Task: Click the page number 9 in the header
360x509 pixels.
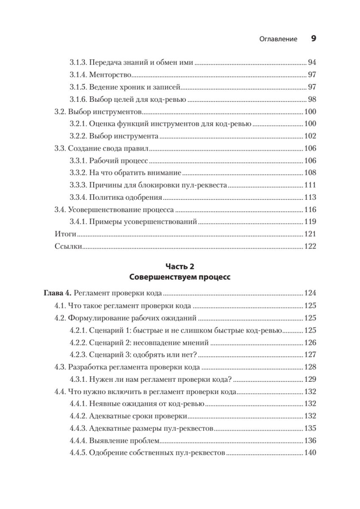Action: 313,39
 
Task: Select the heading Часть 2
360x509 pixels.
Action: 179,266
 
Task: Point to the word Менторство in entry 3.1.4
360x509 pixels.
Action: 110,75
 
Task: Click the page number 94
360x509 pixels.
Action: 312,63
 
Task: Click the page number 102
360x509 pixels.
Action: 310,137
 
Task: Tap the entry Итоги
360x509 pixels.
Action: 65,234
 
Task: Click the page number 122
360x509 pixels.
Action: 310,246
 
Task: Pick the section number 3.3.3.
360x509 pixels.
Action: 78,185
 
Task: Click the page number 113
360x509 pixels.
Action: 310,198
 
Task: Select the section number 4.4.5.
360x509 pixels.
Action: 78,453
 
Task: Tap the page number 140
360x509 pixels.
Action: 310,453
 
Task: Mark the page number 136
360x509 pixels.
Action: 310,440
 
